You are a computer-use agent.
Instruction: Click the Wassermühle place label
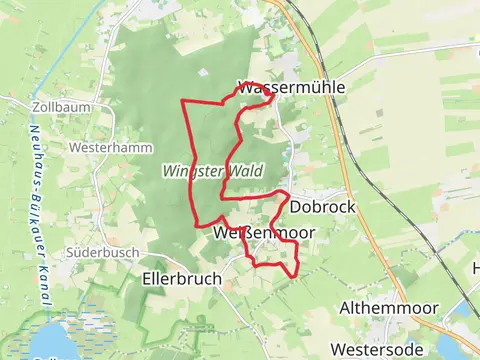tap(292, 87)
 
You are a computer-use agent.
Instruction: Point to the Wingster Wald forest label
tap(212, 171)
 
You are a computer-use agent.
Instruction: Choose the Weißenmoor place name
tap(264, 232)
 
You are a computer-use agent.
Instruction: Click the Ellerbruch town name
tap(182, 279)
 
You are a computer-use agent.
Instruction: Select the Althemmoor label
tap(385, 307)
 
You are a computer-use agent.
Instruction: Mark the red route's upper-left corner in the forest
tap(182, 102)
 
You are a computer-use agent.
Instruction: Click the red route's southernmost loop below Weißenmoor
tap(276, 264)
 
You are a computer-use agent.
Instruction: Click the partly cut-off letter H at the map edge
tap(476, 268)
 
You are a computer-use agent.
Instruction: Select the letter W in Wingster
tap(169, 171)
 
